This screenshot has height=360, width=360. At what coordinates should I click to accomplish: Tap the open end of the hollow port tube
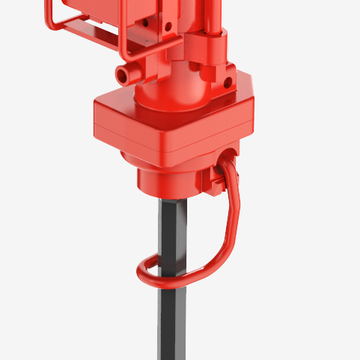tap(126, 73)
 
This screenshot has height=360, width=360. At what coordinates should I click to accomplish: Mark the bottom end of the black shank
tap(172, 355)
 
